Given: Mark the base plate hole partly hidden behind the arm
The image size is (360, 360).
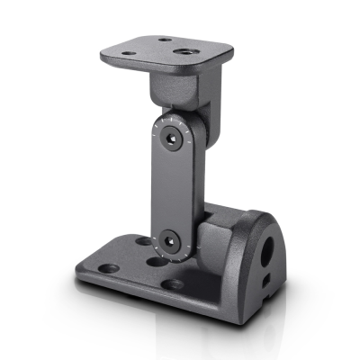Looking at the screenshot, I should [144, 241].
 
